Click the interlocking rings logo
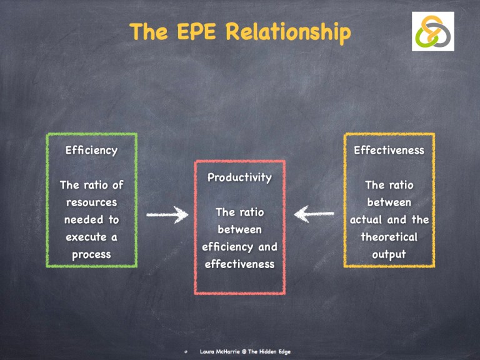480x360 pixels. point(432,31)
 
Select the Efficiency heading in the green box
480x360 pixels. point(92,150)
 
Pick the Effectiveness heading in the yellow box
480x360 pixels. point(389,150)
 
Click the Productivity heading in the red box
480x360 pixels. point(239,177)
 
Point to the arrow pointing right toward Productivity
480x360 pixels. point(167,216)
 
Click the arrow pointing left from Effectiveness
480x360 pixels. point(314,216)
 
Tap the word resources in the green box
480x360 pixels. point(91,202)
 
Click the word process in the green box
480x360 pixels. point(91,255)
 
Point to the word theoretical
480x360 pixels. point(389,237)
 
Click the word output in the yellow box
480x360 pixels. point(389,255)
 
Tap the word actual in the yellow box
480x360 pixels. point(369,220)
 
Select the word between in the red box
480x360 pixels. point(239,230)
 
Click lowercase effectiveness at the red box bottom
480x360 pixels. point(239,264)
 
